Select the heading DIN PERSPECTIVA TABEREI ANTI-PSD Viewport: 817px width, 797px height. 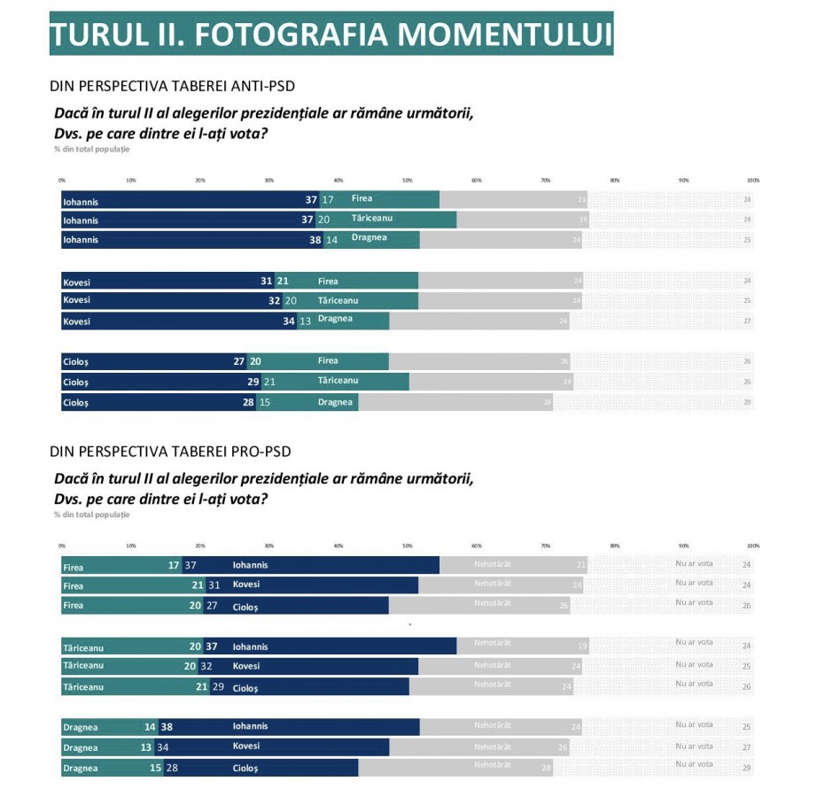[x=173, y=86]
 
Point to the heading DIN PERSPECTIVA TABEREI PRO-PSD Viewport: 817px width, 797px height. [x=170, y=452]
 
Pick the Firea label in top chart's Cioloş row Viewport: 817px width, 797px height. [x=328, y=361]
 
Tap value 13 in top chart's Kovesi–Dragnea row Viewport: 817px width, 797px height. [x=305, y=321]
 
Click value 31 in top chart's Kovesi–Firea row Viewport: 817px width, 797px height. [x=266, y=282]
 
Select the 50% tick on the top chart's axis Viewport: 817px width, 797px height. [x=408, y=180]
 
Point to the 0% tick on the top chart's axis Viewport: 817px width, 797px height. [x=62, y=180]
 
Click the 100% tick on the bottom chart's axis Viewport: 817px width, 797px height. [x=753, y=546]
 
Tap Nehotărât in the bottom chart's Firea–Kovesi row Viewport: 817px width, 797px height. [x=493, y=584]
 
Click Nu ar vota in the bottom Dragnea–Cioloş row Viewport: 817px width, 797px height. [x=694, y=764]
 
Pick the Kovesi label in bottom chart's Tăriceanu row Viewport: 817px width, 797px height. [x=246, y=666]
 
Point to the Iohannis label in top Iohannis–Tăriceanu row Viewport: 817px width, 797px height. [x=81, y=221]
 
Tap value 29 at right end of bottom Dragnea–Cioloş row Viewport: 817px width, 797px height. [x=746, y=768]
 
